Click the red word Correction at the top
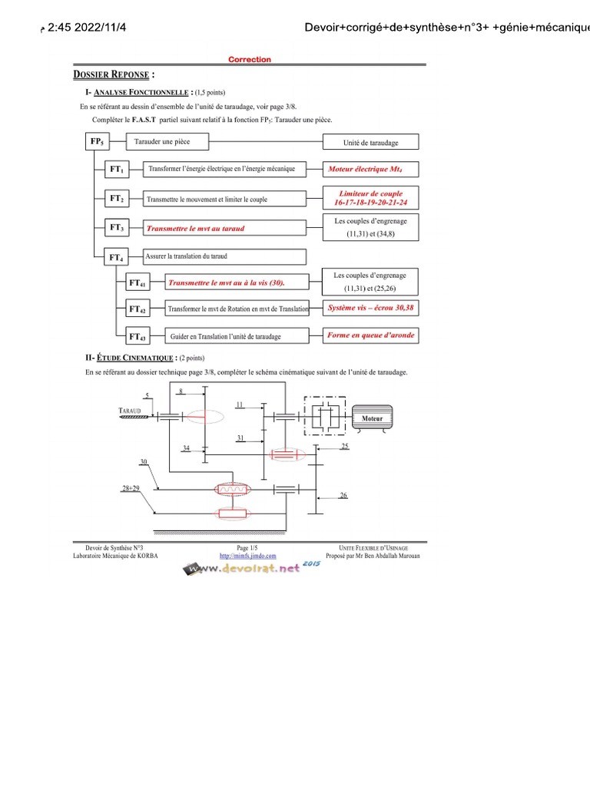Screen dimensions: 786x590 250,59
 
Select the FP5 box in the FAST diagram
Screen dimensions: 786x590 97,141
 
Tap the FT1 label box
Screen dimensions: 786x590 117,169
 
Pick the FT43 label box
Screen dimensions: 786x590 138,336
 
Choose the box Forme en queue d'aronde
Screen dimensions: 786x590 370,335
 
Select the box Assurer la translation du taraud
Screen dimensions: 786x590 224,256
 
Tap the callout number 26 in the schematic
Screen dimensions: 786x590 344,495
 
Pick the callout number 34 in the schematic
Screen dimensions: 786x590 186,447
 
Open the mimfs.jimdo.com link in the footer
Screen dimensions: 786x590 247,555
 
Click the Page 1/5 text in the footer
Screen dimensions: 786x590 247,547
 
